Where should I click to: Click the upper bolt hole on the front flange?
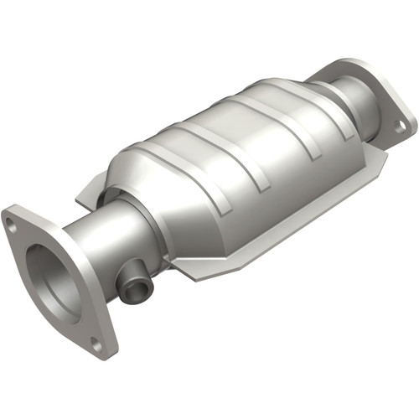click(x=10, y=224)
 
